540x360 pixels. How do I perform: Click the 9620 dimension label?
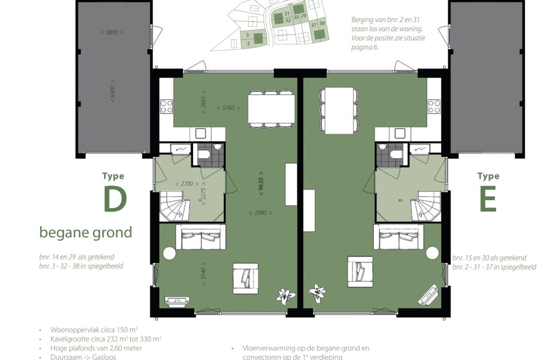point(261,183)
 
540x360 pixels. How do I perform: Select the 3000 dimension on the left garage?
point(112,32)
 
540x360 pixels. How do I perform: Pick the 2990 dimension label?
point(261,213)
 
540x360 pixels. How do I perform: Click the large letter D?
point(115,200)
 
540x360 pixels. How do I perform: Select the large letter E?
point(488,200)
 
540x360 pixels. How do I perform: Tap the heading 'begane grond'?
point(85,232)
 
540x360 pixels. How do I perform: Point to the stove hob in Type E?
point(434,106)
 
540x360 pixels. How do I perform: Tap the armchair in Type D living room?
point(245,278)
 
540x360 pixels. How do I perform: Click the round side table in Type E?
point(432,253)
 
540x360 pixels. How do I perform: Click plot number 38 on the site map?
point(322,23)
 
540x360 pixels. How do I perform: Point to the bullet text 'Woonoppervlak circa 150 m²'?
point(94,330)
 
